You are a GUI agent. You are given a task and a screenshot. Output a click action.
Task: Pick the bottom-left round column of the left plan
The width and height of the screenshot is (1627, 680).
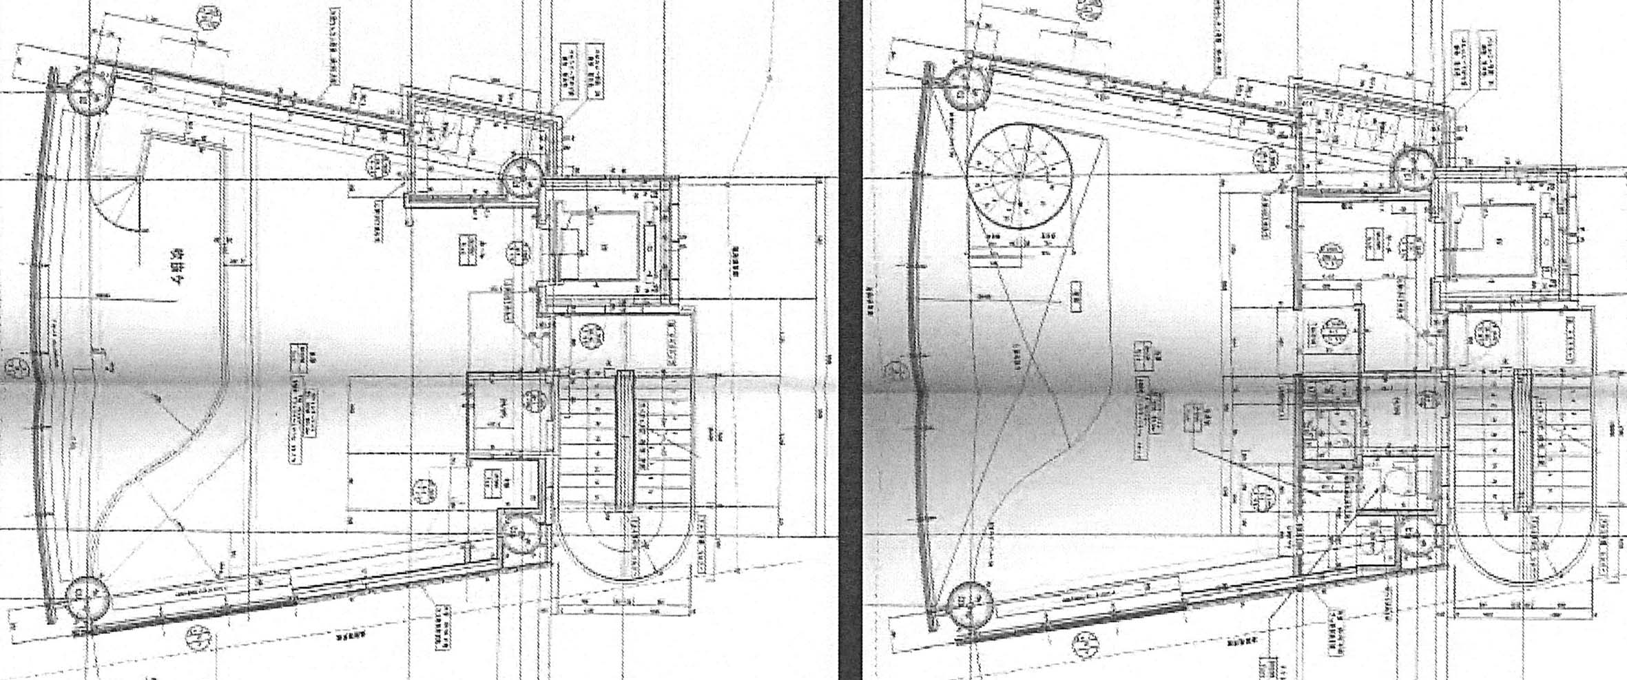[88, 598]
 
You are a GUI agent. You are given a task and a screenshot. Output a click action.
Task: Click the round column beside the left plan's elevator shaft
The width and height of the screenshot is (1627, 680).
[522, 177]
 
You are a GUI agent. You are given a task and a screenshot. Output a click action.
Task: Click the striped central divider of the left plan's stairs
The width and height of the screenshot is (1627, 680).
[624, 439]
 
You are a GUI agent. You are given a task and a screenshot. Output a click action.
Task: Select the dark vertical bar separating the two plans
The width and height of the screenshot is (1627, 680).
[851, 340]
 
